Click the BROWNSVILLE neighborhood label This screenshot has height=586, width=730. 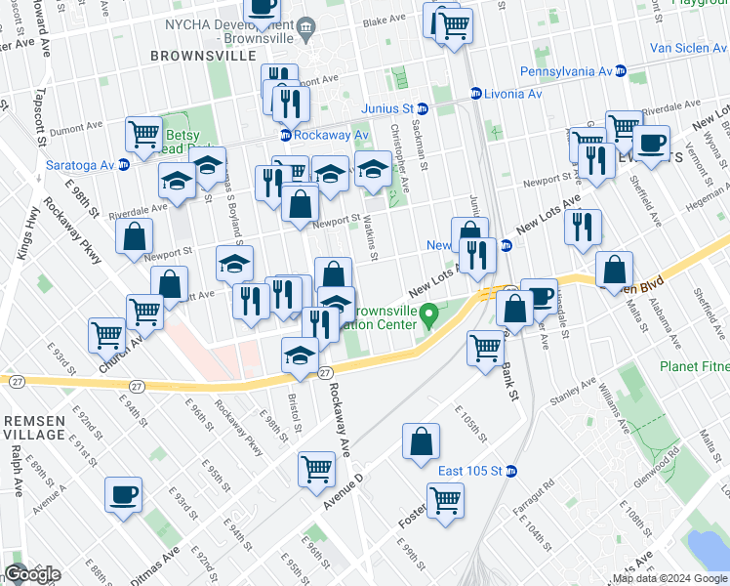(203, 56)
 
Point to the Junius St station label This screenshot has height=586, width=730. (387, 108)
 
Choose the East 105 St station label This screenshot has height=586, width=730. (469, 470)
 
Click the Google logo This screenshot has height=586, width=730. (32, 573)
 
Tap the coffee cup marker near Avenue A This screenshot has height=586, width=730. (123, 493)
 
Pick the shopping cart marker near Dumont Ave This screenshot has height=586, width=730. (143, 134)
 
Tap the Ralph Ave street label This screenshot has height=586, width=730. (17, 468)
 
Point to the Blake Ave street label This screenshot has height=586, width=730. (382, 20)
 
